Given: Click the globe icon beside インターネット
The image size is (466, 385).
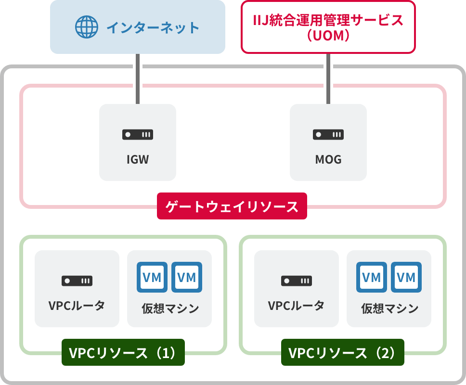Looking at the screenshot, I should tap(87, 27).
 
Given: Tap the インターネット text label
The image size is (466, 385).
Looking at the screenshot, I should tap(153, 27).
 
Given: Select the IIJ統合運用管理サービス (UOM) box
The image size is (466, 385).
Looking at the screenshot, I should tap(328, 27).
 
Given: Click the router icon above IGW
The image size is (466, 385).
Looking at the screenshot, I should tap(138, 135).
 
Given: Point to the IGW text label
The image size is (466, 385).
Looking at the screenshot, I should tap(138, 160).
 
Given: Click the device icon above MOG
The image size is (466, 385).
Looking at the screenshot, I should tap(328, 135).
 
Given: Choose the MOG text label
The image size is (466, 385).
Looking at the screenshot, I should tap(328, 160).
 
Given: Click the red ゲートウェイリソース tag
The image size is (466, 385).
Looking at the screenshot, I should tap(232, 207).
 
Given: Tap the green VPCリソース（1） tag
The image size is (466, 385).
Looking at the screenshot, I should tap(123, 353).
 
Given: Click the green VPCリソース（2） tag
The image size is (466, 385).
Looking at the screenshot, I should tap(343, 353).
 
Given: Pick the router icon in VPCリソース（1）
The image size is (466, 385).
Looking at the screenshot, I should tap(77, 281).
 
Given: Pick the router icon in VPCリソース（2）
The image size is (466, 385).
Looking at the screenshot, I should tap(297, 281).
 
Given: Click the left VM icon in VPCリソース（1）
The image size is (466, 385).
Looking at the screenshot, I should tap(152, 277).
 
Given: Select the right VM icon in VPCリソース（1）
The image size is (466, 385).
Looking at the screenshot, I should tap(187, 277).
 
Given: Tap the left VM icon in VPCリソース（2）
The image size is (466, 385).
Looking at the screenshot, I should tap(372, 277).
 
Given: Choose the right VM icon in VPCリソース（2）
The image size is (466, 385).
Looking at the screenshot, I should tap(406, 277).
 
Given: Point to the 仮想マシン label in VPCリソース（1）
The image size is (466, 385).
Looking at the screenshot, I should tap(170, 308).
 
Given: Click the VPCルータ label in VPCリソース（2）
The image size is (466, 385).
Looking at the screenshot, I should tap(296, 306).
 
